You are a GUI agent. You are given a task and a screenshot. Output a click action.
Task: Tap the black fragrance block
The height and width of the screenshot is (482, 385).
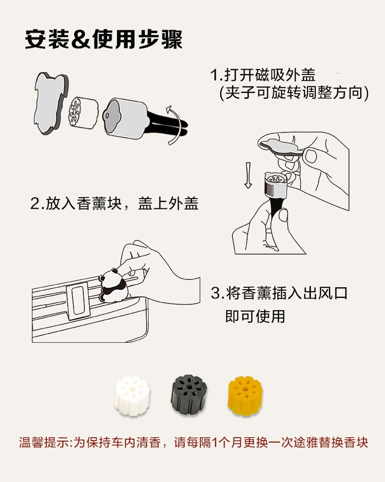(x=188, y=394)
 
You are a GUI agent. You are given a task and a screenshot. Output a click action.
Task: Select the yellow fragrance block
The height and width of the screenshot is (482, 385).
(x=245, y=395)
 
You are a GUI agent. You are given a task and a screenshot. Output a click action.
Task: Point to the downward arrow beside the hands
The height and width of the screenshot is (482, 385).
(x=248, y=175)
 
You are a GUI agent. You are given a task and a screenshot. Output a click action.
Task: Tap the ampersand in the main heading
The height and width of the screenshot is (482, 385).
(x=80, y=39)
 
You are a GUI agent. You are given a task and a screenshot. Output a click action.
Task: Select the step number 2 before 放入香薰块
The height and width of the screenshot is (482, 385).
(x=35, y=204)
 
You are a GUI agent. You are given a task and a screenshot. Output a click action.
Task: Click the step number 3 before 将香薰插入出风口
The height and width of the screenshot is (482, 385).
(x=215, y=293)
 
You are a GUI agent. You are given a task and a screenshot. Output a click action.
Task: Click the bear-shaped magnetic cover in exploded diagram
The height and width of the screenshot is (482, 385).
(x=51, y=103)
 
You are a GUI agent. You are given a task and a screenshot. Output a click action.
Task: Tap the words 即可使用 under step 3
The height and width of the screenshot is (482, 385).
(x=255, y=316)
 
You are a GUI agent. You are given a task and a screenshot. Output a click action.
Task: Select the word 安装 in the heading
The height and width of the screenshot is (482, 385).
(x=47, y=39)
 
